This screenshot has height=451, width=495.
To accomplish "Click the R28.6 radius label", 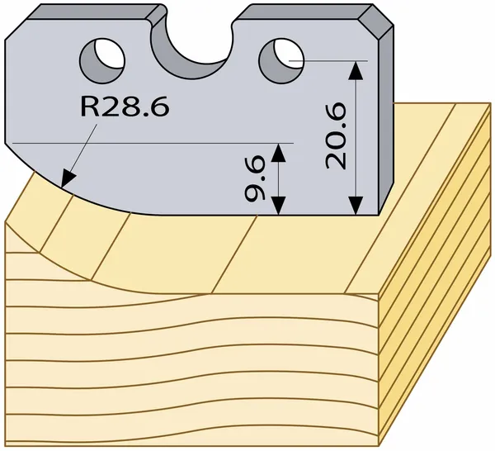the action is (x=125, y=107).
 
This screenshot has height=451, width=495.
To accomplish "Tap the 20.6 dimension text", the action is (x=336, y=136).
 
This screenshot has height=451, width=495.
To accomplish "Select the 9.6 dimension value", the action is (x=254, y=178).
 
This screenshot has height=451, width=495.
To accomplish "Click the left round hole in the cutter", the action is (x=102, y=61).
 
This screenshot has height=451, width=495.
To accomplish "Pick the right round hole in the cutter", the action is (x=281, y=61).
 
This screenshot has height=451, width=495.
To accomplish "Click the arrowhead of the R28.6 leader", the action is (x=68, y=179).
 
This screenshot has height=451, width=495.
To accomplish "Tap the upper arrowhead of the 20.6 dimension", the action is (x=356, y=70).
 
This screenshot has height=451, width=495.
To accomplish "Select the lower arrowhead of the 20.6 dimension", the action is (x=356, y=206).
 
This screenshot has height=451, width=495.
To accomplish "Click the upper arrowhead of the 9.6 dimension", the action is (x=279, y=152).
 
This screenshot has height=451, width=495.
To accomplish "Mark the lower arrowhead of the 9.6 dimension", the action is (x=279, y=206).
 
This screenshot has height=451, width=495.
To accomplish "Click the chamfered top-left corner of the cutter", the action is (x=16, y=29).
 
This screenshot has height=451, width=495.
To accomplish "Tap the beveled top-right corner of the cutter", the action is (x=376, y=21).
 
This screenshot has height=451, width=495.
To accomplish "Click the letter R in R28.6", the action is (x=90, y=107).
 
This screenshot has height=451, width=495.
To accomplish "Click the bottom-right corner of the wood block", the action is (x=379, y=445).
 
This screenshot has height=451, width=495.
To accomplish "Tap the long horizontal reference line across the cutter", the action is (x=153, y=143).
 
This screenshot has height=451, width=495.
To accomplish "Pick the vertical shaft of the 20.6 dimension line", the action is (x=356, y=138).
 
